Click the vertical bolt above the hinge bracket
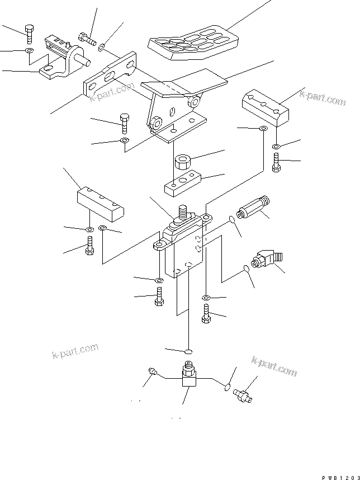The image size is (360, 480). click(29, 34)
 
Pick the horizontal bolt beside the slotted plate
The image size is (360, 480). click(87, 39)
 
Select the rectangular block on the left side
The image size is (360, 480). click(101, 203)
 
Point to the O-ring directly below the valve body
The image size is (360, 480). click(188, 351)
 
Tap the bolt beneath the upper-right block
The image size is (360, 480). click(276, 164)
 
